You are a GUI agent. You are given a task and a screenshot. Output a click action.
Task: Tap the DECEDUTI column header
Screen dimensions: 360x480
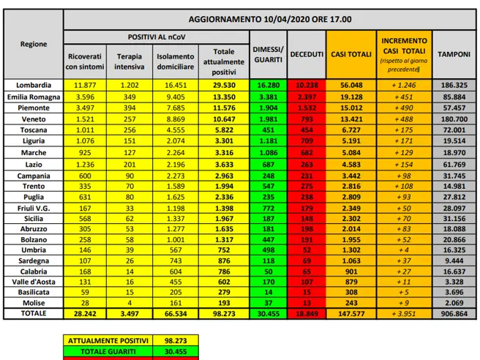[x=307, y=55]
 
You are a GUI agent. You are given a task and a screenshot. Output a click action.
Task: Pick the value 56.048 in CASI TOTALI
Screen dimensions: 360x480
[x=348, y=85]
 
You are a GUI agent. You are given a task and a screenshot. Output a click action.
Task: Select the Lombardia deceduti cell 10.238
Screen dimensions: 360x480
[x=307, y=85]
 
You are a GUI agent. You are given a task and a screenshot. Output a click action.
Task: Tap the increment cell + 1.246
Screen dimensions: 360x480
[x=402, y=85]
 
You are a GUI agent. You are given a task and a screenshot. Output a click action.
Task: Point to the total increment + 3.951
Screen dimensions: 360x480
[x=402, y=313]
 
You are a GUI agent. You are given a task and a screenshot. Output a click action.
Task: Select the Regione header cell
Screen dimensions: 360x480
[x=34, y=44]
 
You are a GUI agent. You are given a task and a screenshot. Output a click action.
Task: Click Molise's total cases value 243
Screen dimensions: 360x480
[x=348, y=302]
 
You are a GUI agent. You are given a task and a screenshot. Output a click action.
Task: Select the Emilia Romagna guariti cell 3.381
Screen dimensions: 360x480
[x=269, y=97]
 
